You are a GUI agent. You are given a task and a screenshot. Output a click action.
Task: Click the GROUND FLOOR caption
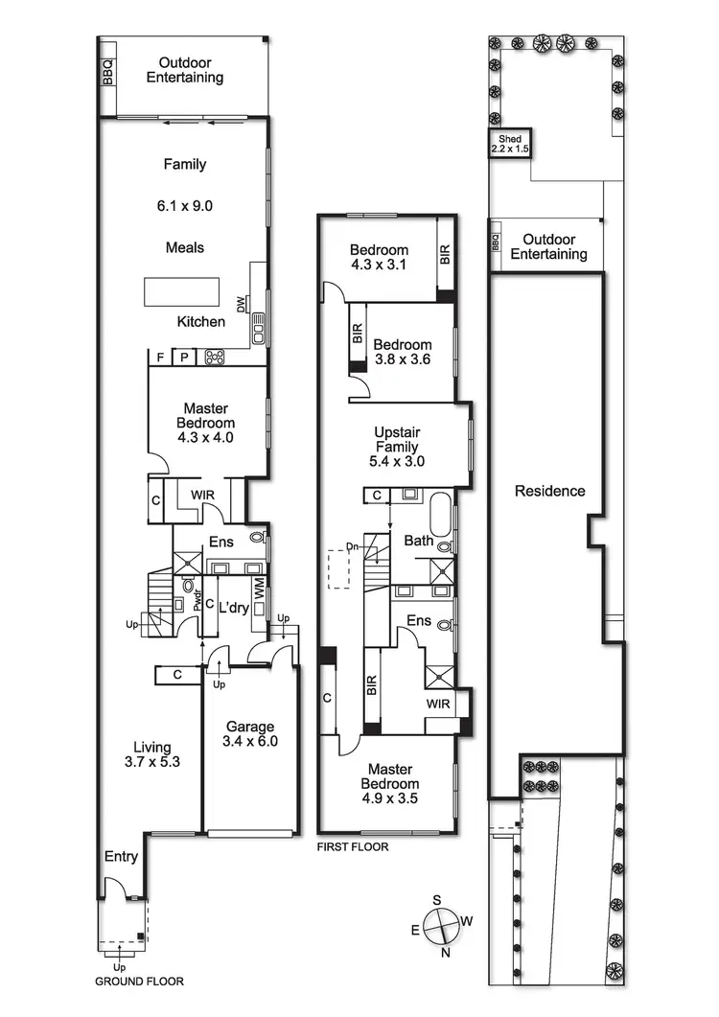click(139, 982)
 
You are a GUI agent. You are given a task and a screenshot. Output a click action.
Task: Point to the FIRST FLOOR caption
click(353, 846)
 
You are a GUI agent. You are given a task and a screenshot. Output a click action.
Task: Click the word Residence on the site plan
click(549, 491)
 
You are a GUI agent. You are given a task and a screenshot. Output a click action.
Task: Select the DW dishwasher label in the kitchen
click(241, 304)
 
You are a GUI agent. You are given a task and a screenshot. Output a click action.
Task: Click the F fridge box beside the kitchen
click(160, 358)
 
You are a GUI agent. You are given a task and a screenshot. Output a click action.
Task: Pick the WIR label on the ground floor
click(202, 495)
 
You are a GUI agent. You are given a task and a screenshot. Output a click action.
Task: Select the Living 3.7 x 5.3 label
click(151, 754)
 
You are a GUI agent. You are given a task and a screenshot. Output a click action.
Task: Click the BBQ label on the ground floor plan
click(107, 74)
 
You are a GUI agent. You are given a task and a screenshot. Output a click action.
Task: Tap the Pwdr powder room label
click(198, 601)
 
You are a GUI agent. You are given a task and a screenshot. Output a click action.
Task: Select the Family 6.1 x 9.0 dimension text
click(185, 205)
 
